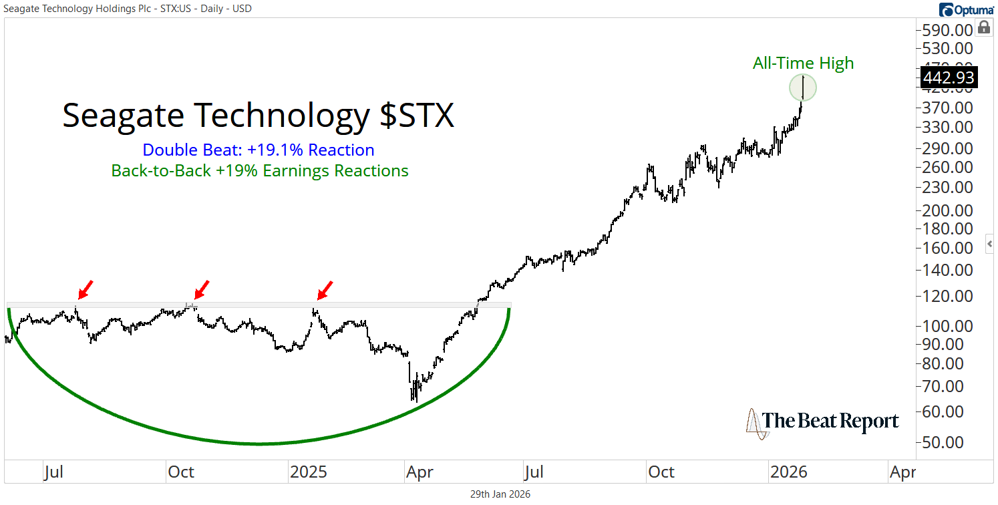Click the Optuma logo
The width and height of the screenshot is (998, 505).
click(966, 9)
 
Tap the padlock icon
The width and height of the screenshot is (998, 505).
click(983, 27)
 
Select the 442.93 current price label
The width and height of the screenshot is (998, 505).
click(949, 77)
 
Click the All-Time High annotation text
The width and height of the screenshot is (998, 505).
click(803, 63)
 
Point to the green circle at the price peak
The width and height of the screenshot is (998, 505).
click(802, 88)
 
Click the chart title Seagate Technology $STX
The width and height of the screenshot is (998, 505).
click(258, 116)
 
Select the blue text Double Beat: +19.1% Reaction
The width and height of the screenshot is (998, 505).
click(259, 150)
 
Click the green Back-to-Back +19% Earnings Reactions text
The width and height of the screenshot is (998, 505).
click(260, 171)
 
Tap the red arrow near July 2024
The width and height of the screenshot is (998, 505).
click(85, 290)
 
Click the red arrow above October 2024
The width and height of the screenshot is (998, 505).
click(200, 290)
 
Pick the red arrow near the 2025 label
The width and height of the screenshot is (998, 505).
click(324, 290)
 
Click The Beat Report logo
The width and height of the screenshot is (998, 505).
click(822, 422)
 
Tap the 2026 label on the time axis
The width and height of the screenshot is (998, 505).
click(788, 472)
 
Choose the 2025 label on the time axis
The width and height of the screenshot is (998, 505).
click(309, 472)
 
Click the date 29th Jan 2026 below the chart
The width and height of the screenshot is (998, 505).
click(500, 494)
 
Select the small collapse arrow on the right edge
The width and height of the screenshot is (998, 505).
click(990, 244)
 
